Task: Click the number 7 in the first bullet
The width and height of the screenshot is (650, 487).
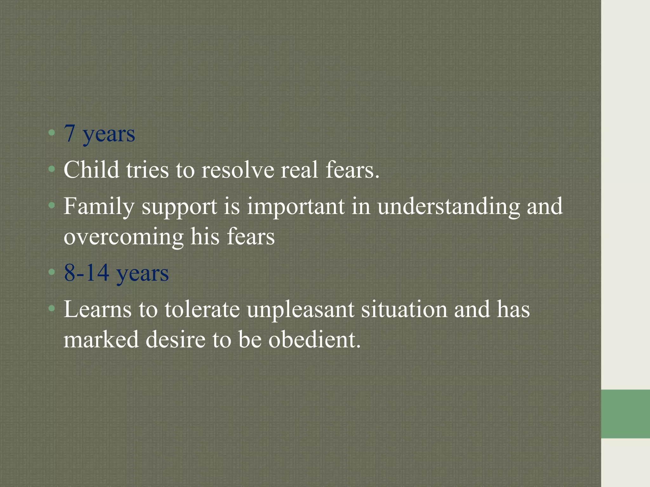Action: pos(70,133)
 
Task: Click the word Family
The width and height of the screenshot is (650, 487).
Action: pos(99,207)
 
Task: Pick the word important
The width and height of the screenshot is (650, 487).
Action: pos(295,207)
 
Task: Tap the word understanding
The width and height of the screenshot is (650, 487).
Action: pos(448,207)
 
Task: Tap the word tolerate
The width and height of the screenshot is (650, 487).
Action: pos(202,309)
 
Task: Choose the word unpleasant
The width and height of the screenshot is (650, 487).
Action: pos(300,310)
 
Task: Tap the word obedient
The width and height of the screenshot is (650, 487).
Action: pos(315,339)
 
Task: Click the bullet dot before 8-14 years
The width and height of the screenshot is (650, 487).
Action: pos(52,272)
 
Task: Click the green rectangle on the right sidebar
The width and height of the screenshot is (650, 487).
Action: pos(625,414)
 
